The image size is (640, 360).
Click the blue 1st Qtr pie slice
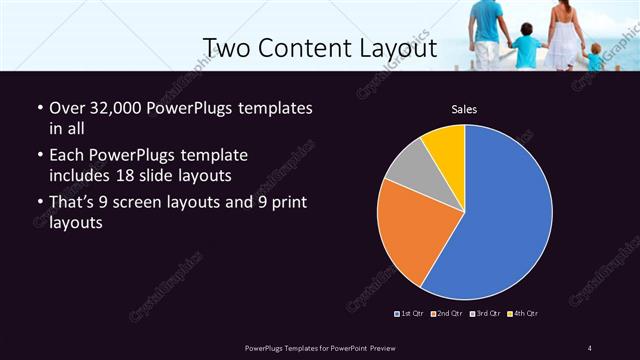495,215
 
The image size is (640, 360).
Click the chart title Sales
464,108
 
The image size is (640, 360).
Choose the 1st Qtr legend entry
410,313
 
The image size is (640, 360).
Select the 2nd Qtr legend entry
446,313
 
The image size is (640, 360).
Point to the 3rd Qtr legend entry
484,313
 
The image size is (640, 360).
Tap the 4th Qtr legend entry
522,313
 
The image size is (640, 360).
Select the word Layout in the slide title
396,47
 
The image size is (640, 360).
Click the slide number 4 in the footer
590,347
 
